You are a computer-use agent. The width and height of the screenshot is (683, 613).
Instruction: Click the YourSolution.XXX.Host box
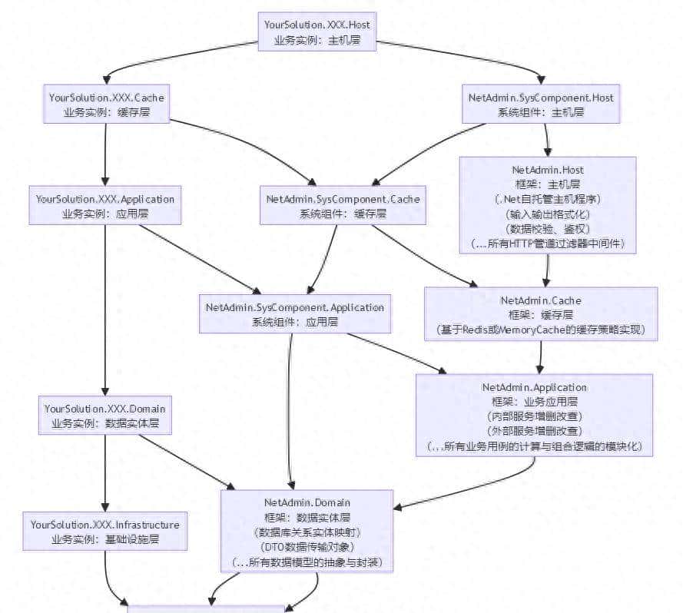[317, 31]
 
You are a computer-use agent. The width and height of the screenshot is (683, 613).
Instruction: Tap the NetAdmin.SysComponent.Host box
[541, 104]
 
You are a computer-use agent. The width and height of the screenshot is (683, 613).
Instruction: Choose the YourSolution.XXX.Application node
[105, 206]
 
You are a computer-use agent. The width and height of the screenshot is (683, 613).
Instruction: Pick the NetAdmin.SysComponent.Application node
[294, 314]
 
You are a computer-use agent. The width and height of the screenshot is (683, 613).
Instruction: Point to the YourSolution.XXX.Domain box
[104, 416]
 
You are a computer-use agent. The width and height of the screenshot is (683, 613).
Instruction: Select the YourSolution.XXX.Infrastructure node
[104, 532]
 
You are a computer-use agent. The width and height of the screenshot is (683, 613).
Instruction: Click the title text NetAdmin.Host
[548, 169]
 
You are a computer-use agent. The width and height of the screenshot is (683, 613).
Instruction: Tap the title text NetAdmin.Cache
[541, 300]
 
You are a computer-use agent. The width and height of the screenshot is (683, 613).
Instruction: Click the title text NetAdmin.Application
[534, 386]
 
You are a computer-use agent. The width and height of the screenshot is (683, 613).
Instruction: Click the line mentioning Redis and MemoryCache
[541, 330]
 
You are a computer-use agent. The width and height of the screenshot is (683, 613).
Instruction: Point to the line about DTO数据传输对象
[307, 546]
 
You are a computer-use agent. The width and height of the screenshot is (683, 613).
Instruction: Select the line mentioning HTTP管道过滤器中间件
[548, 243]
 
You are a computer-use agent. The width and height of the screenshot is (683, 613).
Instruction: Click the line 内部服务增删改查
[534, 416]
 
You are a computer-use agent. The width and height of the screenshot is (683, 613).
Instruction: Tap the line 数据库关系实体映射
[307, 532]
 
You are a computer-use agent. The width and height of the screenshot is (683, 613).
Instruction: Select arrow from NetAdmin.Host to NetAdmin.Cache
[546, 270]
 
